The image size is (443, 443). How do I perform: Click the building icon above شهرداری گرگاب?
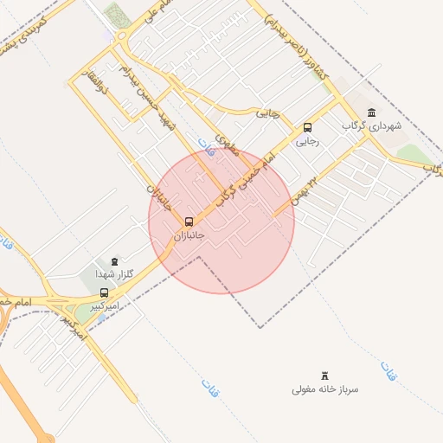372,112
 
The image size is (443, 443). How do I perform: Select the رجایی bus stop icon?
307,127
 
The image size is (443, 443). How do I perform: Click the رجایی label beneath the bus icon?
307,141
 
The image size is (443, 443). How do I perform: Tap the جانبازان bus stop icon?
189,221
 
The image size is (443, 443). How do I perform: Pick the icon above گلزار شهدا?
114,260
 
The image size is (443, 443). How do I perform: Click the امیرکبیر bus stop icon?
105,292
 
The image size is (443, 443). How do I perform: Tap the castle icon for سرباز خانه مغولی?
325,375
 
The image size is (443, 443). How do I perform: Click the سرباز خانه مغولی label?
324,389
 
